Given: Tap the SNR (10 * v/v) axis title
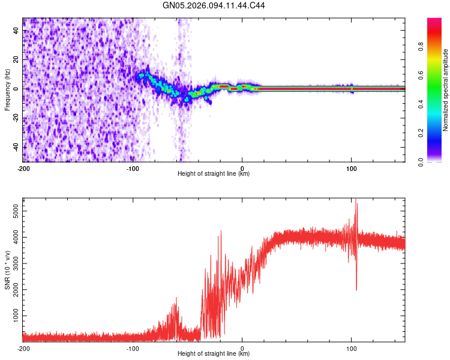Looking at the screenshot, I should click(x=7, y=269).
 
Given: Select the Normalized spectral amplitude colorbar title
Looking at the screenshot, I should click(x=446, y=90).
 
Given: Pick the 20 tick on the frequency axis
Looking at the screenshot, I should click(x=16, y=59).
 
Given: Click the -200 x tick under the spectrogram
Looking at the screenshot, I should click(x=23, y=168).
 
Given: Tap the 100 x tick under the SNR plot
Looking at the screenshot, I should click(x=352, y=348).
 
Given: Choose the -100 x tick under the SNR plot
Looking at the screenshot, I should click(x=133, y=348).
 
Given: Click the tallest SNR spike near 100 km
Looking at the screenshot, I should click(x=356, y=200).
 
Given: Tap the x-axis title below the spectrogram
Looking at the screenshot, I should click(x=214, y=174).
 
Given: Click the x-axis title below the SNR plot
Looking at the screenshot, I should click(x=214, y=354).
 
